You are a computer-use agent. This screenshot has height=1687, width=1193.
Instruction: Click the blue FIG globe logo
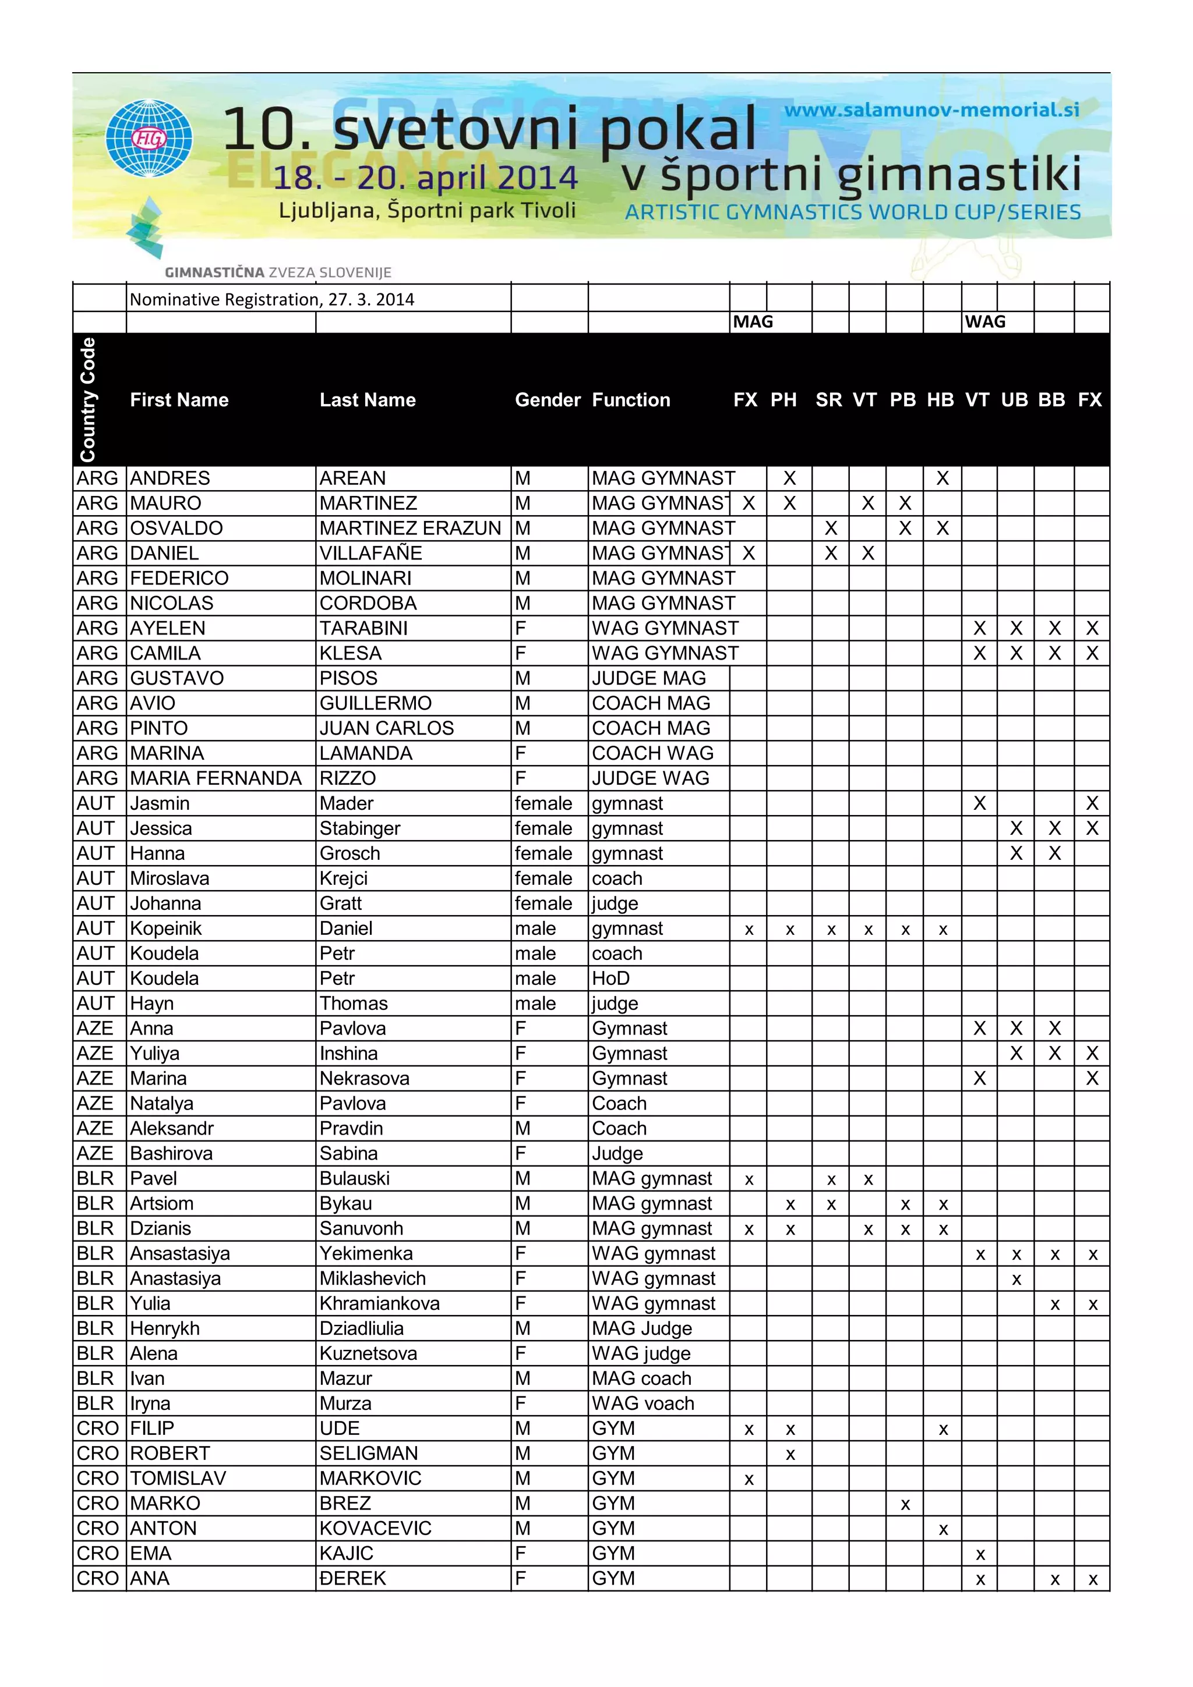pyautogui.click(x=149, y=138)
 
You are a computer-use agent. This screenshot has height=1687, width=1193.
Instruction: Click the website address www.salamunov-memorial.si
pyautogui.click(x=931, y=110)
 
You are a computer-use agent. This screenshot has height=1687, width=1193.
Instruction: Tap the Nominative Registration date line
pyautogui.click(x=272, y=299)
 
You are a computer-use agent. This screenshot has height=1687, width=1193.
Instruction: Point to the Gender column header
pyautogui.click(x=548, y=400)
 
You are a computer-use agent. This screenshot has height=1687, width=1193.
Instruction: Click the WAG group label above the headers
pyautogui.click(x=985, y=321)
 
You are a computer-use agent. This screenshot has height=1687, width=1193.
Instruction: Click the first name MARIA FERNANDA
pyautogui.click(x=216, y=778)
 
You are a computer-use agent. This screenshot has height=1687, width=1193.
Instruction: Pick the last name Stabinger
pyautogui.click(x=359, y=828)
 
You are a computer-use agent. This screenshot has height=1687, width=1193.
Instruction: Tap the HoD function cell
pyautogui.click(x=611, y=978)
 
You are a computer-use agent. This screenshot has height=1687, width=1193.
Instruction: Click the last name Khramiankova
pyautogui.click(x=379, y=1303)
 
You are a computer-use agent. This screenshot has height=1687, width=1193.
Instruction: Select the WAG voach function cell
pyautogui.click(x=643, y=1404)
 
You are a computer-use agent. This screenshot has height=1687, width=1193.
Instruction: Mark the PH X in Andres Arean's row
pyautogui.click(x=789, y=479)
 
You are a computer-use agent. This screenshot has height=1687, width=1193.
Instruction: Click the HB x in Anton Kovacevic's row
pyautogui.click(x=943, y=1529)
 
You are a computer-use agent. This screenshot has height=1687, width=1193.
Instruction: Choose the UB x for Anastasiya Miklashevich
pyautogui.click(x=1016, y=1279)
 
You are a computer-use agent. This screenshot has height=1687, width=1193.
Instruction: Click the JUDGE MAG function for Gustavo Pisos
pyautogui.click(x=648, y=678)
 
